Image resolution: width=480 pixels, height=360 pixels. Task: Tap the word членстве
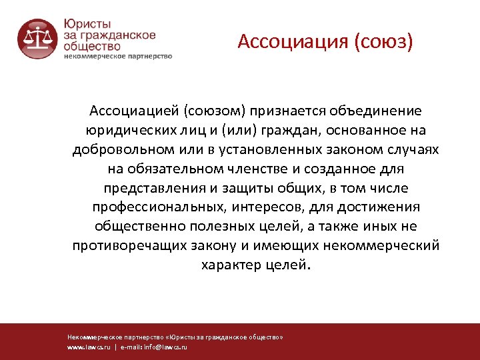click(273, 168)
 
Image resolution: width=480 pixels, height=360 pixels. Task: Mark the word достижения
click(368, 207)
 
